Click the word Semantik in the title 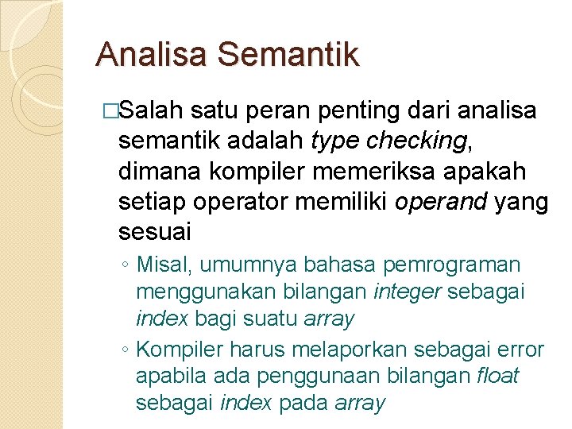point(287,55)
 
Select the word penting point(357,110)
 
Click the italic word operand point(441,202)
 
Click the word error point(517,350)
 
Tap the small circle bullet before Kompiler point(126,350)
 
